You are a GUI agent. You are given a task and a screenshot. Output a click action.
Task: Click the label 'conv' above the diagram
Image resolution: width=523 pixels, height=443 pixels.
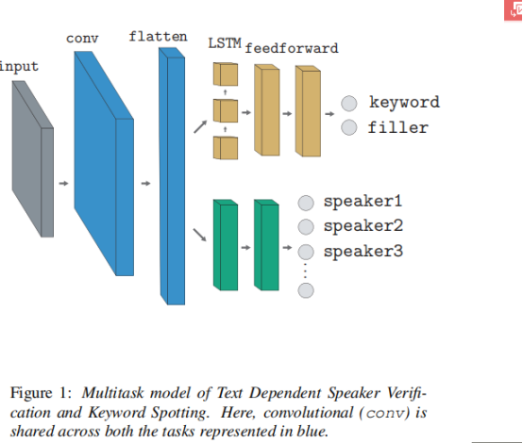coord(82,38)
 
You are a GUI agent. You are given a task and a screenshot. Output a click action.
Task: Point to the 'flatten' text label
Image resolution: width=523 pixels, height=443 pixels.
coord(157,37)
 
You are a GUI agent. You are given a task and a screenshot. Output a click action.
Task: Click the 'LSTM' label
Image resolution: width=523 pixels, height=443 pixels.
coord(224,44)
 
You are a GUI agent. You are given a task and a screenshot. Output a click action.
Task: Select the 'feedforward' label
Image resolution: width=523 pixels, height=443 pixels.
coord(291,47)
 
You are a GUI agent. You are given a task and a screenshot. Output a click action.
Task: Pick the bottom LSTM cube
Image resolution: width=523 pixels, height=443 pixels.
coord(225,148)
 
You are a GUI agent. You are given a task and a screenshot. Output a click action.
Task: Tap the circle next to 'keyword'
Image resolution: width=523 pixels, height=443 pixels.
coord(349,104)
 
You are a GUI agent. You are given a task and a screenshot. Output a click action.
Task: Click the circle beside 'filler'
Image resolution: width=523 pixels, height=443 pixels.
coord(349,127)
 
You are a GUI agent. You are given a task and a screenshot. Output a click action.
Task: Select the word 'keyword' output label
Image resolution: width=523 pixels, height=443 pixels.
coord(404,103)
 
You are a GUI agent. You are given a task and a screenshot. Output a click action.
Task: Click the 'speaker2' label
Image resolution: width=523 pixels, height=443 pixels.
coord(363,226)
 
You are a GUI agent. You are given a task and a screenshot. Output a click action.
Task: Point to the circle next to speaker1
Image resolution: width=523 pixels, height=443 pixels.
coord(306,203)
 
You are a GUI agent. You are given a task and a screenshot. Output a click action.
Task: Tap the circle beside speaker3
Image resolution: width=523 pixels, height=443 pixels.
coord(306,252)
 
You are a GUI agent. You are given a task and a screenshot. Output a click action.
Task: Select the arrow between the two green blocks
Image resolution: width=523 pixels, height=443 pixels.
coord(245,247)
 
